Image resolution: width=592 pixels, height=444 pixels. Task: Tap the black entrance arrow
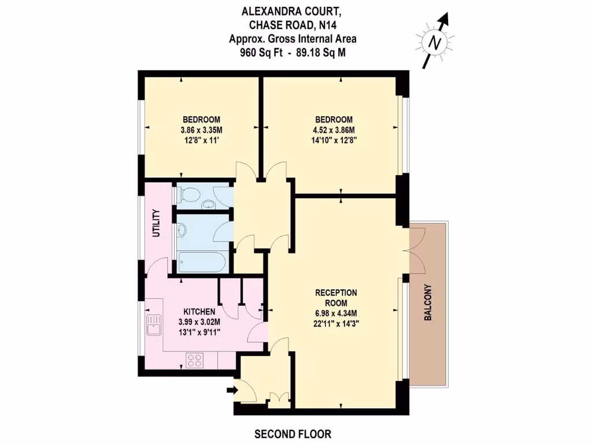point(232,391)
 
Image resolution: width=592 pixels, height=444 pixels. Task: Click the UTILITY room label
point(155,224)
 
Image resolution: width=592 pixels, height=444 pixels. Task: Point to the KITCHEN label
point(199,312)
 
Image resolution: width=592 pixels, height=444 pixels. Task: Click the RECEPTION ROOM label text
point(335,298)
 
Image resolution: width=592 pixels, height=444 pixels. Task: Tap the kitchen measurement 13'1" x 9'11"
point(199,331)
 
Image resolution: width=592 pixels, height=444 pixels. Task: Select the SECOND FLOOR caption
point(293,434)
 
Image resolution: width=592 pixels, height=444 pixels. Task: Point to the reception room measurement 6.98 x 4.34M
point(335,313)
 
